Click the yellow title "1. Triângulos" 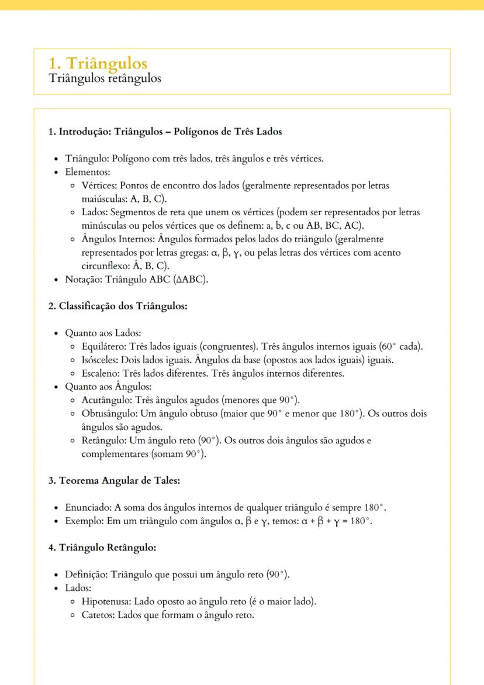[x=98, y=63]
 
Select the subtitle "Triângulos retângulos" [x=105, y=78]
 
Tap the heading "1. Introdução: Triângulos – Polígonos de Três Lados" [x=165, y=132]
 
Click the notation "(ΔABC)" [x=191, y=279]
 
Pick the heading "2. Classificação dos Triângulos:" [x=117, y=306]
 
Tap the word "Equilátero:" [x=104, y=346]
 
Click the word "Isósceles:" [x=100, y=360]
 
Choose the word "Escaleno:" [x=100, y=373]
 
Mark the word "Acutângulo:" [x=107, y=400]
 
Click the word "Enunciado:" [x=88, y=507]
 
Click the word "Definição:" [x=87, y=574]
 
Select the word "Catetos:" [x=99, y=615]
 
